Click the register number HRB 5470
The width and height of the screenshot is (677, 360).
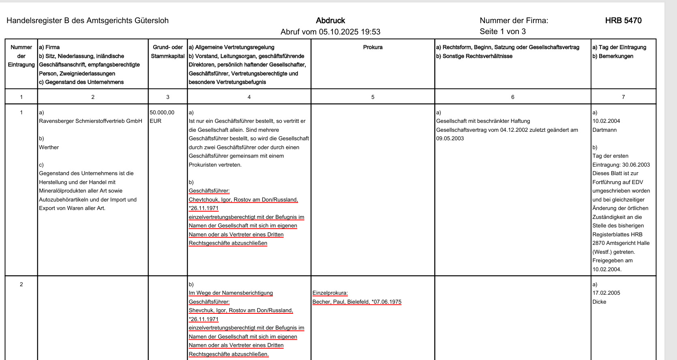point(623,21)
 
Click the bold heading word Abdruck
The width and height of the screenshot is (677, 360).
point(330,21)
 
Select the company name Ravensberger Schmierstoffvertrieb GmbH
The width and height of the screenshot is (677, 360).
point(90,121)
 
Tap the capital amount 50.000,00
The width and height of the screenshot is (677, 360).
point(162,112)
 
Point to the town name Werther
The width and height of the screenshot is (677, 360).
point(49,147)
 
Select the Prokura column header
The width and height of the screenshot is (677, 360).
point(373,47)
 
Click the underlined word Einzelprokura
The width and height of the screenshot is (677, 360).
point(330,293)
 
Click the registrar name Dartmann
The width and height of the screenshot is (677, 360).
point(604,130)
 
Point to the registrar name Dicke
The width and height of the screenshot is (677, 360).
point(599,302)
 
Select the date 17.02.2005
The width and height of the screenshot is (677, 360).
point(606,293)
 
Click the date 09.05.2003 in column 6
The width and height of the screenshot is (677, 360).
point(450,138)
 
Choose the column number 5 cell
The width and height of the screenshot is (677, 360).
point(373,97)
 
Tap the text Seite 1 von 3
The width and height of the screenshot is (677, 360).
point(503,32)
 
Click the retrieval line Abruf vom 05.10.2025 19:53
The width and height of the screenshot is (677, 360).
point(330,32)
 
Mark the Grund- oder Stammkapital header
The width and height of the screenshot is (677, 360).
point(168,51)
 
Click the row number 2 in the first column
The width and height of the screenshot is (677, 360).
point(21,284)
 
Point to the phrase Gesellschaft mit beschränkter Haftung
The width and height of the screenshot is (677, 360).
point(483,121)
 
